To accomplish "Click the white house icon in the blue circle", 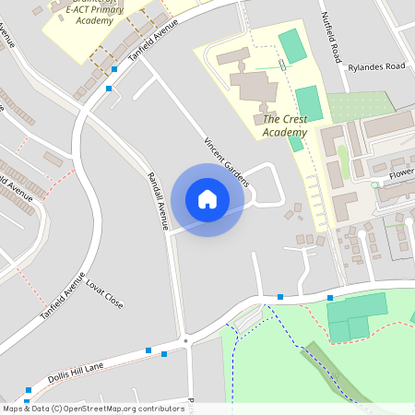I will tap(207, 199).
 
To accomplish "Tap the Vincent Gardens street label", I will tap(226, 161).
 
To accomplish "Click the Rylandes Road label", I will tap(376, 66).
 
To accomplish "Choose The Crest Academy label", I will tap(283, 125).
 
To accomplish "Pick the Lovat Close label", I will tap(104, 292).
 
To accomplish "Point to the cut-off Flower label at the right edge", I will tap(401, 173).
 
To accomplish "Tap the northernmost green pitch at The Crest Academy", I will tap(292, 46).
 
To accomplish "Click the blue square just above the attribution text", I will tap(29, 391).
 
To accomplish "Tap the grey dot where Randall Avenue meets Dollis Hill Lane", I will tap(185, 341).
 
